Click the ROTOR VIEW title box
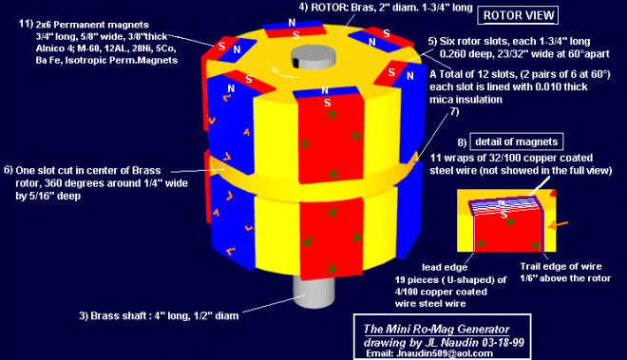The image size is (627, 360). tap(518, 15)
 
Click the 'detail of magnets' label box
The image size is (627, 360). tap(516, 142)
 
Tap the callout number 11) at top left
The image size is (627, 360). tap(26, 24)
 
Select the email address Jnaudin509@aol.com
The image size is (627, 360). tap(445, 353)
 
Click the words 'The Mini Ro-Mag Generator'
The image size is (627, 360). tap(436, 330)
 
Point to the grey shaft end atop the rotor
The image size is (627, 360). tap(313, 56)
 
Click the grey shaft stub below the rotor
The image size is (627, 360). tap(313, 292)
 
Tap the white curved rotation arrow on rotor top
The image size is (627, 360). tap(285, 73)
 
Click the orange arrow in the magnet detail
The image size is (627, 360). tap(558, 225)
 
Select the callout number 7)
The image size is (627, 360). tap(454, 111)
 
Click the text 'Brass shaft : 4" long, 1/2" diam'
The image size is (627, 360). tap(164, 316)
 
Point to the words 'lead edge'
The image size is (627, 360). tap(445, 267)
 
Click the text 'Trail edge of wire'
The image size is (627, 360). tap(560, 266)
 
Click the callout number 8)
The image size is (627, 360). tap(462, 142)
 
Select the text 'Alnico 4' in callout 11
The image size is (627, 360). tap(51, 48)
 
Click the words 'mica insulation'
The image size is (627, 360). tap(465, 100)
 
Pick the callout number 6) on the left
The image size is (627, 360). tap(8, 170)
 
